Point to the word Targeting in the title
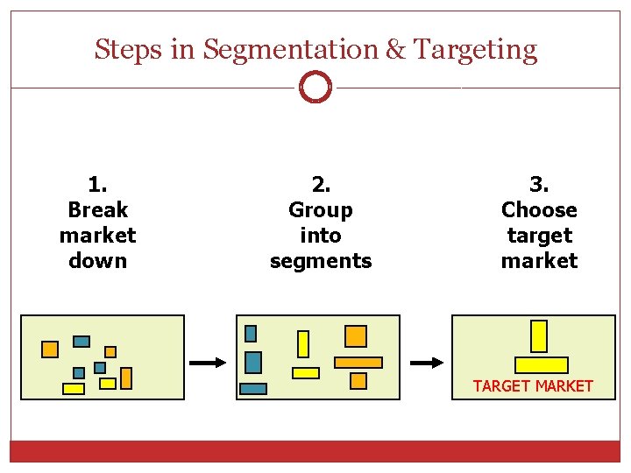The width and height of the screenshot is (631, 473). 474,50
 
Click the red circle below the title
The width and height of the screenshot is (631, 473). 315,88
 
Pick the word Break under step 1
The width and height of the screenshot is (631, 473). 97,210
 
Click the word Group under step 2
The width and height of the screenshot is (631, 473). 321,210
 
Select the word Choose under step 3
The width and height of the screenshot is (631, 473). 539,210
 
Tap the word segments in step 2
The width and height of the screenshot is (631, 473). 321,261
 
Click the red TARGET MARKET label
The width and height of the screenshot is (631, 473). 533,385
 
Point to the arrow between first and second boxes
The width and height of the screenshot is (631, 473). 209,362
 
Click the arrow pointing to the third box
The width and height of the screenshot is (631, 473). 427,362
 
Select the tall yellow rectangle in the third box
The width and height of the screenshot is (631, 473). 539,336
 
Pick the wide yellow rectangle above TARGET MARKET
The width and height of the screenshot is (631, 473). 541,365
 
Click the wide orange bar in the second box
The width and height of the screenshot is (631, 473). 358,362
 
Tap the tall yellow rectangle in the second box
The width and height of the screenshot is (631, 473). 303,343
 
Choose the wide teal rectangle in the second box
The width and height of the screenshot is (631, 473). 253,389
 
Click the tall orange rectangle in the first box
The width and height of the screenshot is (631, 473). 126,378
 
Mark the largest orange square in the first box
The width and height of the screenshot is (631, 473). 50,349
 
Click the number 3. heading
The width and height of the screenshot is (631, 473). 539,185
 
